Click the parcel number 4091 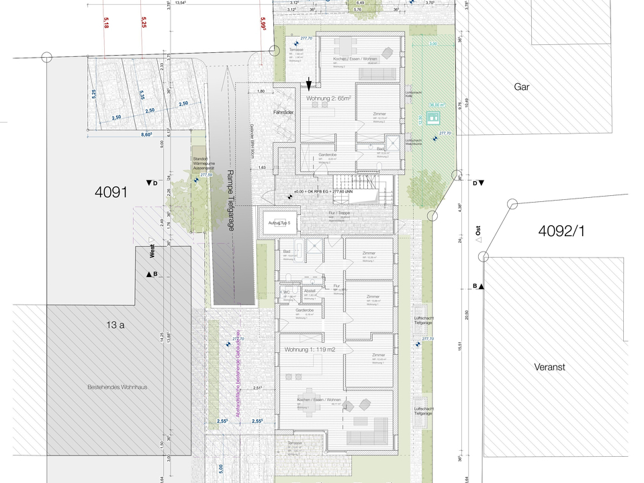pos(111,193)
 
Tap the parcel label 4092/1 pos(561,231)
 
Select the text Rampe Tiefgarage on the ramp pos(230,201)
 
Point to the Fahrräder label pos(285,112)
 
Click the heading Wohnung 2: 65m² pos(329,99)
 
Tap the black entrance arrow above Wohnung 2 pos(309,85)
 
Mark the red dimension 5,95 pos(265,24)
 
